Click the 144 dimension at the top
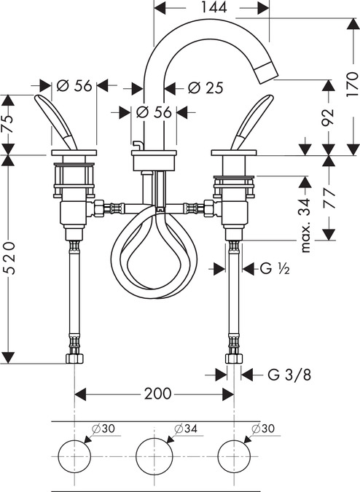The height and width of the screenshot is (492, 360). [214, 7]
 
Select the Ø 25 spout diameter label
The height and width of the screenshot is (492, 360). [206, 87]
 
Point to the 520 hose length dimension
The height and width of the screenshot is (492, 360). [10, 258]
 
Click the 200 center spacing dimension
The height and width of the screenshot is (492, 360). [157, 394]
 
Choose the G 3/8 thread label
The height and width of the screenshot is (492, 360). [289, 375]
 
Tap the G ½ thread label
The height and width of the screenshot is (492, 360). [275, 268]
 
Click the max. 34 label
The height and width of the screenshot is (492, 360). [305, 225]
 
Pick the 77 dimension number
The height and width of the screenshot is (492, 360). [329, 198]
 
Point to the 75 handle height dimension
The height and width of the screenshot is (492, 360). [9, 120]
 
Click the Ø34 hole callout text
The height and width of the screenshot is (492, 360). [186, 429]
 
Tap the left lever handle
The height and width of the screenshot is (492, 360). [56, 122]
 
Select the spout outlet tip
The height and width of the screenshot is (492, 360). [267, 72]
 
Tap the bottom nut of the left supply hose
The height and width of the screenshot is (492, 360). [74, 359]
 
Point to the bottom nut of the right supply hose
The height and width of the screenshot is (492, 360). [234, 359]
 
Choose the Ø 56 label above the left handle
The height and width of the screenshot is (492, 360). [74, 85]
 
